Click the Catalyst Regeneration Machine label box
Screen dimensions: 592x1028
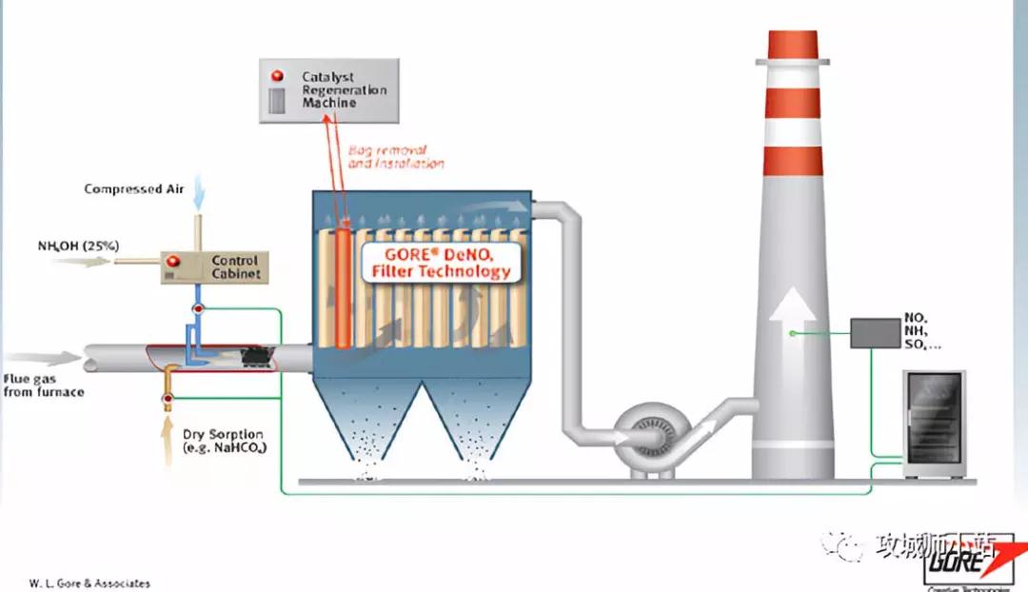click(328, 89)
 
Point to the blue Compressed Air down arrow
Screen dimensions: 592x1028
click(197, 197)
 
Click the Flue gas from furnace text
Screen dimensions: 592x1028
click(44, 385)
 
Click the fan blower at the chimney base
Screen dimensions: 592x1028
click(647, 437)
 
